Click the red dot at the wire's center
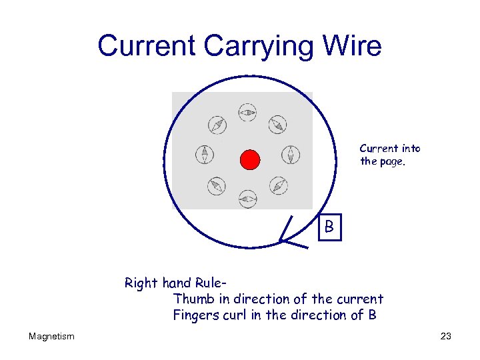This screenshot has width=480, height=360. [x=249, y=159]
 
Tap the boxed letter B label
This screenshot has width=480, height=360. [x=329, y=227]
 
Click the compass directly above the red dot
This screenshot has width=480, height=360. [x=248, y=113]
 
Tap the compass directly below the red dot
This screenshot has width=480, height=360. [x=248, y=198]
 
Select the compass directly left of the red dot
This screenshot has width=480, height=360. [x=205, y=155]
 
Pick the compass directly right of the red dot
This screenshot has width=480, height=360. [x=291, y=155]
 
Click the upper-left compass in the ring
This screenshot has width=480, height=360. [x=217, y=125]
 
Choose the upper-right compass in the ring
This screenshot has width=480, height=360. [x=278, y=124]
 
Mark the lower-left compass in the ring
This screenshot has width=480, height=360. [x=217, y=186]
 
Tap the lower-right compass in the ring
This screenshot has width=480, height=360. [x=279, y=186]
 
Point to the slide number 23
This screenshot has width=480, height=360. [x=446, y=337]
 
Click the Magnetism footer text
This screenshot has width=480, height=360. [x=51, y=337]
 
